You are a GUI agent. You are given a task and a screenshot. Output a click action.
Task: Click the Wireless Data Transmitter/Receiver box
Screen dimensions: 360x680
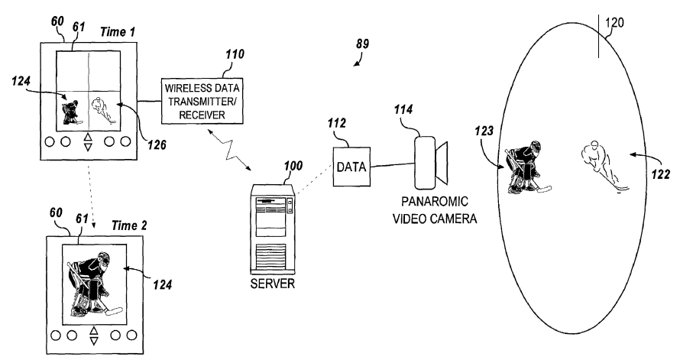pyautogui.click(x=202, y=99)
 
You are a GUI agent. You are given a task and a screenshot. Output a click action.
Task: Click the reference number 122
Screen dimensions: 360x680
pyautogui.click(x=661, y=174)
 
